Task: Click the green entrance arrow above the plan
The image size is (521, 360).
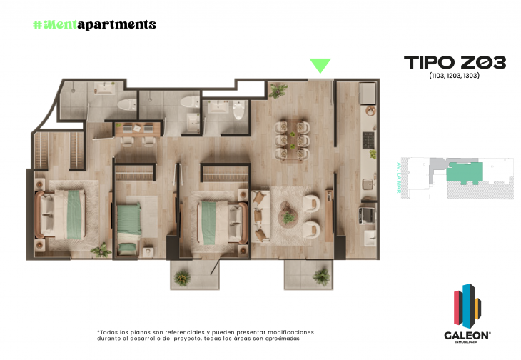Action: point(320,66)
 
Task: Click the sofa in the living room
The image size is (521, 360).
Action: point(260,214)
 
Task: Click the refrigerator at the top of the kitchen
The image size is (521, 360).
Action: point(368,94)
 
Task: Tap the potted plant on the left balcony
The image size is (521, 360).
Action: point(183,276)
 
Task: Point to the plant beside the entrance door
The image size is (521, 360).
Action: point(278,90)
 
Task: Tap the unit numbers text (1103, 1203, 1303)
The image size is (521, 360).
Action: point(454,76)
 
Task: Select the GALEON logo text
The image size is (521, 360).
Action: point(467,334)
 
